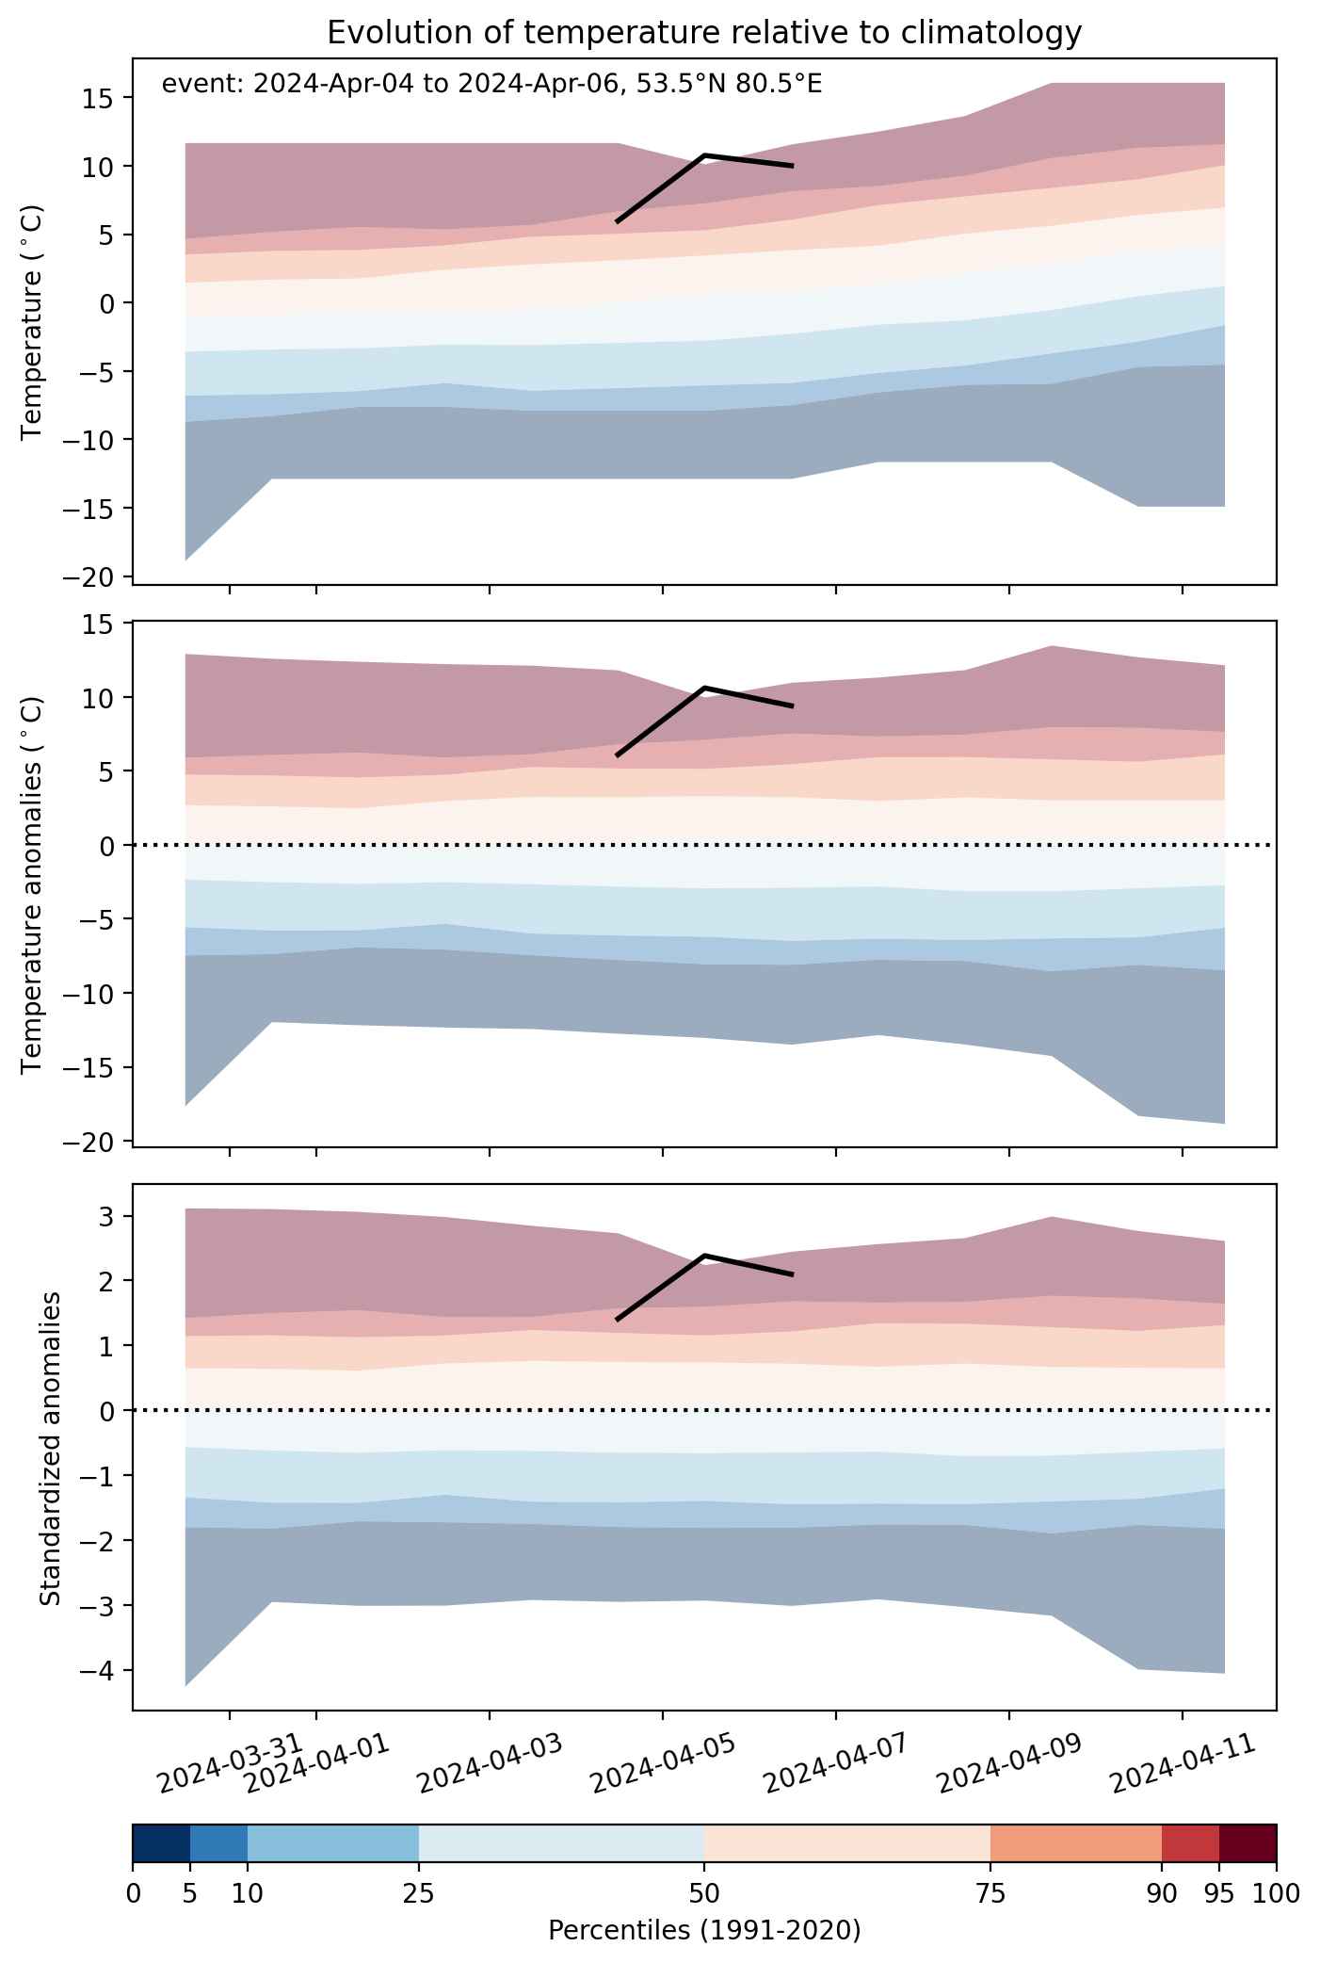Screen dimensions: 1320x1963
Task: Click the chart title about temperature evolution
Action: (704, 33)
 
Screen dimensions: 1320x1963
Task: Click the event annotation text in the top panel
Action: (492, 85)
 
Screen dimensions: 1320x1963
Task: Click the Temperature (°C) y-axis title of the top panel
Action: (32, 322)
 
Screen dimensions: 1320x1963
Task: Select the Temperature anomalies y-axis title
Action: (32, 884)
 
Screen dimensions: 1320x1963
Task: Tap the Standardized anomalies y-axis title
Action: (51, 1447)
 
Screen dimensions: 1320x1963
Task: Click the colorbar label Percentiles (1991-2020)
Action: (704, 1931)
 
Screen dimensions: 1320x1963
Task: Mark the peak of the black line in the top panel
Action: (704, 154)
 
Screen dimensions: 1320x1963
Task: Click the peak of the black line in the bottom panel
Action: (704, 1256)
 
